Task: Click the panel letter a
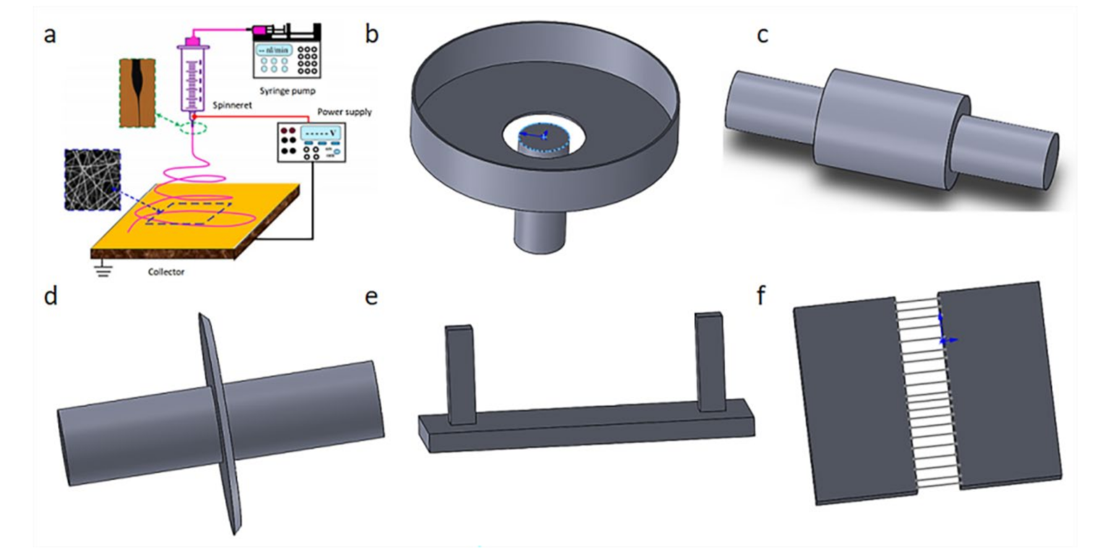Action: pyautogui.click(x=49, y=35)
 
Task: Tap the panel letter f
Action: pyautogui.click(x=761, y=296)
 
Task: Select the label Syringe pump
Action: pyautogui.click(x=287, y=91)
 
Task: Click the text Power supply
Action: pyautogui.click(x=345, y=112)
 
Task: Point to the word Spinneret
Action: pyautogui.click(x=232, y=105)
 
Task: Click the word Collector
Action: pyautogui.click(x=166, y=272)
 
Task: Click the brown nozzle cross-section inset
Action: pyautogui.click(x=137, y=93)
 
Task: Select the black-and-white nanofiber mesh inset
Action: pyautogui.click(x=92, y=179)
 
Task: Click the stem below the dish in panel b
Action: pyautogui.click(x=540, y=231)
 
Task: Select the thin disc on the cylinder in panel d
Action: pyautogui.click(x=220, y=421)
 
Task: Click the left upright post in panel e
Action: pyautogui.click(x=460, y=375)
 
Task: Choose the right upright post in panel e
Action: pyautogui.click(x=710, y=362)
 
